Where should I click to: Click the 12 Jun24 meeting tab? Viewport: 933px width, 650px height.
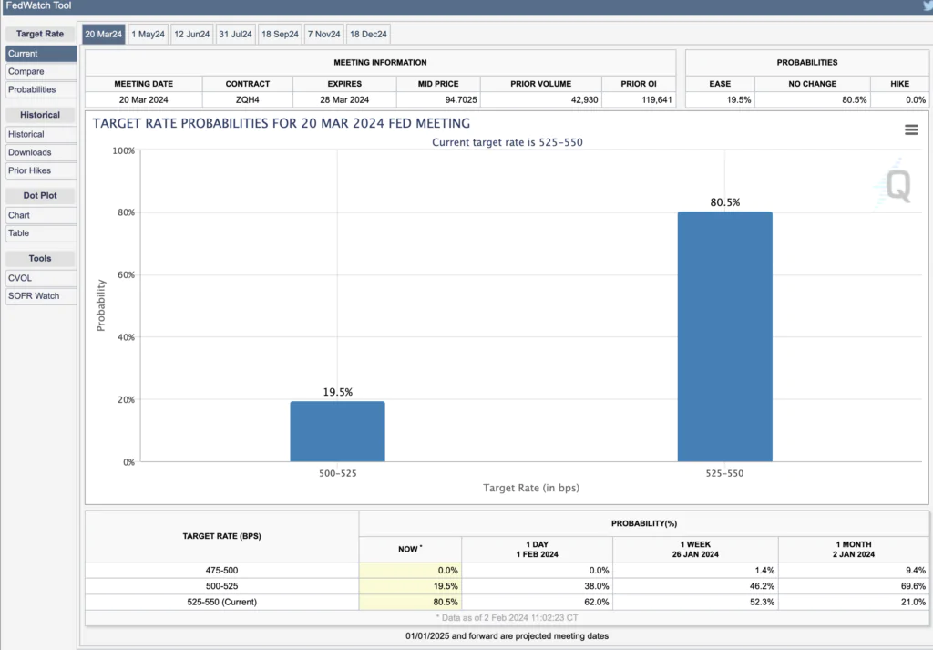tap(191, 35)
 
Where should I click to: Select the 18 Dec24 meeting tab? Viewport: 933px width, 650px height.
tap(368, 35)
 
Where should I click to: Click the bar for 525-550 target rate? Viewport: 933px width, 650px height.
tap(725, 336)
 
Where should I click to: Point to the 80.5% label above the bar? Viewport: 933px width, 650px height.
tap(725, 202)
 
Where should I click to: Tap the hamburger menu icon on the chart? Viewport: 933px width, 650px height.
tap(911, 130)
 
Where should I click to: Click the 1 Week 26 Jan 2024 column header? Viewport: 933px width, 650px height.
tap(695, 549)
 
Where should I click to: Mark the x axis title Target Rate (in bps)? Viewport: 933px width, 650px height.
tap(530, 489)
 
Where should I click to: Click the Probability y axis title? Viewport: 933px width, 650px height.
tap(101, 305)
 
